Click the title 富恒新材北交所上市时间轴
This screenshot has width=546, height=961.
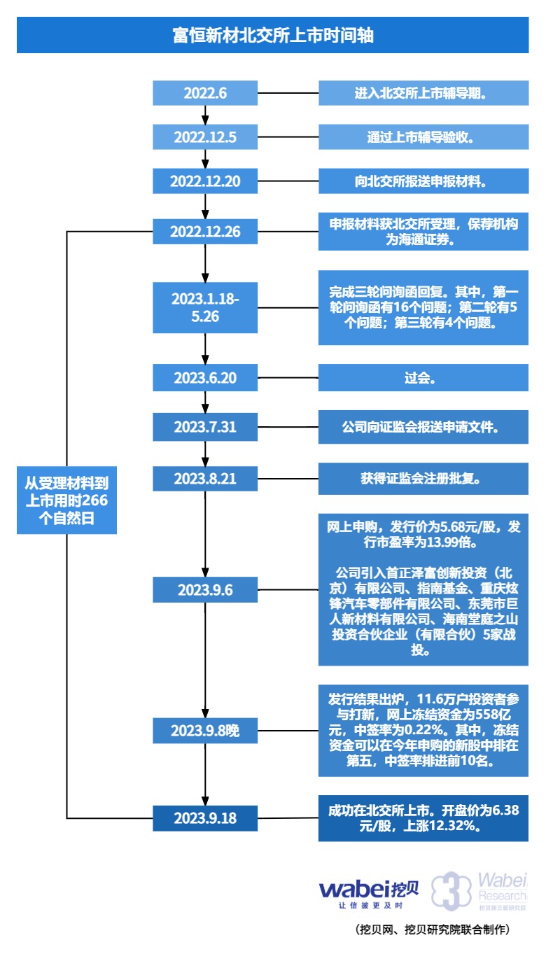pyautogui.click(x=273, y=35)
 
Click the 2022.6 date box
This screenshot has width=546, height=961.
pyautogui.click(x=205, y=93)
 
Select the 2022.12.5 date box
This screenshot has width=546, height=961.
pyautogui.click(x=205, y=137)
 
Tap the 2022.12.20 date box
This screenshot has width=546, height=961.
pyautogui.click(x=205, y=181)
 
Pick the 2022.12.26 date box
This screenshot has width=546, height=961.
pyautogui.click(x=205, y=232)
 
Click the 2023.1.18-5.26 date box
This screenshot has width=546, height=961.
pyautogui.click(x=205, y=307)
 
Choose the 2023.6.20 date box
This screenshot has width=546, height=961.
pyautogui.click(x=205, y=379)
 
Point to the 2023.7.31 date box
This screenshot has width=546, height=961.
pyautogui.click(x=205, y=427)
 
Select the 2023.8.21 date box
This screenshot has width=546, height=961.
pyautogui.click(x=205, y=479)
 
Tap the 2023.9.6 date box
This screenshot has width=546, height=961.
pyautogui.click(x=205, y=589)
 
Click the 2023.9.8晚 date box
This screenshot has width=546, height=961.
pyautogui.click(x=205, y=731)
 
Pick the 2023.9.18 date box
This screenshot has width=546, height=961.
pyautogui.click(x=205, y=818)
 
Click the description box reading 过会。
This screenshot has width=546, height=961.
pyautogui.click(x=423, y=379)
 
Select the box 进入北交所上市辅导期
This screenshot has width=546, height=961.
pyautogui.click(x=423, y=93)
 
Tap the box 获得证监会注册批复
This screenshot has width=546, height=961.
pyautogui.click(x=423, y=479)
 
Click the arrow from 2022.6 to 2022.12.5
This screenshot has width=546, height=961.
pyautogui.click(x=205, y=115)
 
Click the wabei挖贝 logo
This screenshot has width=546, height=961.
pyautogui.click(x=369, y=892)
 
